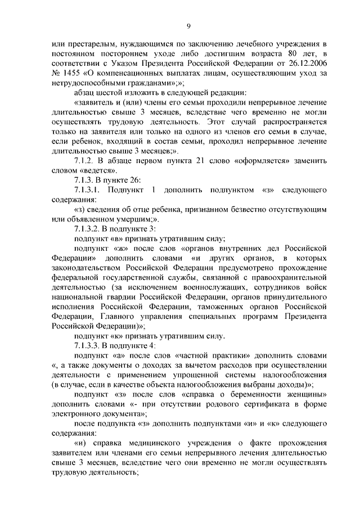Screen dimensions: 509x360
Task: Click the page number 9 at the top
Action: (x=190, y=24)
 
